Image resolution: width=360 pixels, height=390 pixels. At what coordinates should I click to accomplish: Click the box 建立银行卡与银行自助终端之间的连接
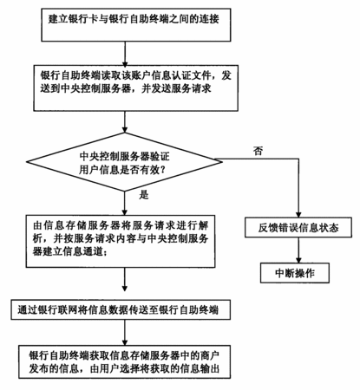click(x=136, y=25)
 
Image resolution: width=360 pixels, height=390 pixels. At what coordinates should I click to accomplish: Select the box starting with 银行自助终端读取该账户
click(x=135, y=88)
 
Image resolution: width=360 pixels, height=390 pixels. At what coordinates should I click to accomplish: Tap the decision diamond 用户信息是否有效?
click(x=124, y=162)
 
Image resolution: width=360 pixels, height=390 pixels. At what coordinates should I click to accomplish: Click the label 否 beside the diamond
click(x=259, y=151)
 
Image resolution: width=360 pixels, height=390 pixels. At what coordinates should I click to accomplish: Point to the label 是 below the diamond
click(x=144, y=195)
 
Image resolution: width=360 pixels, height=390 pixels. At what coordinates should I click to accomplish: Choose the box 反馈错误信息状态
click(x=298, y=228)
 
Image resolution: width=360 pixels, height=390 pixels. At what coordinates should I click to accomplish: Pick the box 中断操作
click(x=295, y=273)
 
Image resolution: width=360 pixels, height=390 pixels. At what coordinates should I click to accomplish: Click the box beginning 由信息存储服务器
click(x=121, y=241)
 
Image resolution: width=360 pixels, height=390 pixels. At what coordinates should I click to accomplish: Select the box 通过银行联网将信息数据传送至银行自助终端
click(x=121, y=309)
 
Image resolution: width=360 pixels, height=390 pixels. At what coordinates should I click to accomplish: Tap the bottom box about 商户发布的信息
click(x=124, y=361)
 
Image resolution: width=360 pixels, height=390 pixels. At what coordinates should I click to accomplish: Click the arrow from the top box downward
click(x=125, y=53)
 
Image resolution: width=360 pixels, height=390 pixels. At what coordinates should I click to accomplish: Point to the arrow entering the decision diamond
click(x=125, y=122)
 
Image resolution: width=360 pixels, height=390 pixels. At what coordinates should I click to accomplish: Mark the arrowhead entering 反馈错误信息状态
click(x=298, y=214)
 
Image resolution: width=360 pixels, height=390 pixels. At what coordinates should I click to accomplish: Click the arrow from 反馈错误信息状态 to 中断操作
click(x=298, y=250)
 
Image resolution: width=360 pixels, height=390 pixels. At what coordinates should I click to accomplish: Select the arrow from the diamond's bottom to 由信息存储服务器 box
click(x=125, y=203)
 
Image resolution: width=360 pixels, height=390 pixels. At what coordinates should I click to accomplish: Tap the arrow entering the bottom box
click(x=125, y=332)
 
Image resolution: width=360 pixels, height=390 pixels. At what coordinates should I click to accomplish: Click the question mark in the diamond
click(x=163, y=170)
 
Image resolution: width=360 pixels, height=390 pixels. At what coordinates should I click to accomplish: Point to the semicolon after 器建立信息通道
click(x=105, y=253)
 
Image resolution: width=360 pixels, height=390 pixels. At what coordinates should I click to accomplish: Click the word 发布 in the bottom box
click(x=39, y=369)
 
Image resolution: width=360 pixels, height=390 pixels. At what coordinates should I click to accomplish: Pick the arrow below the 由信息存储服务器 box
click(x=125, y=279)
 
